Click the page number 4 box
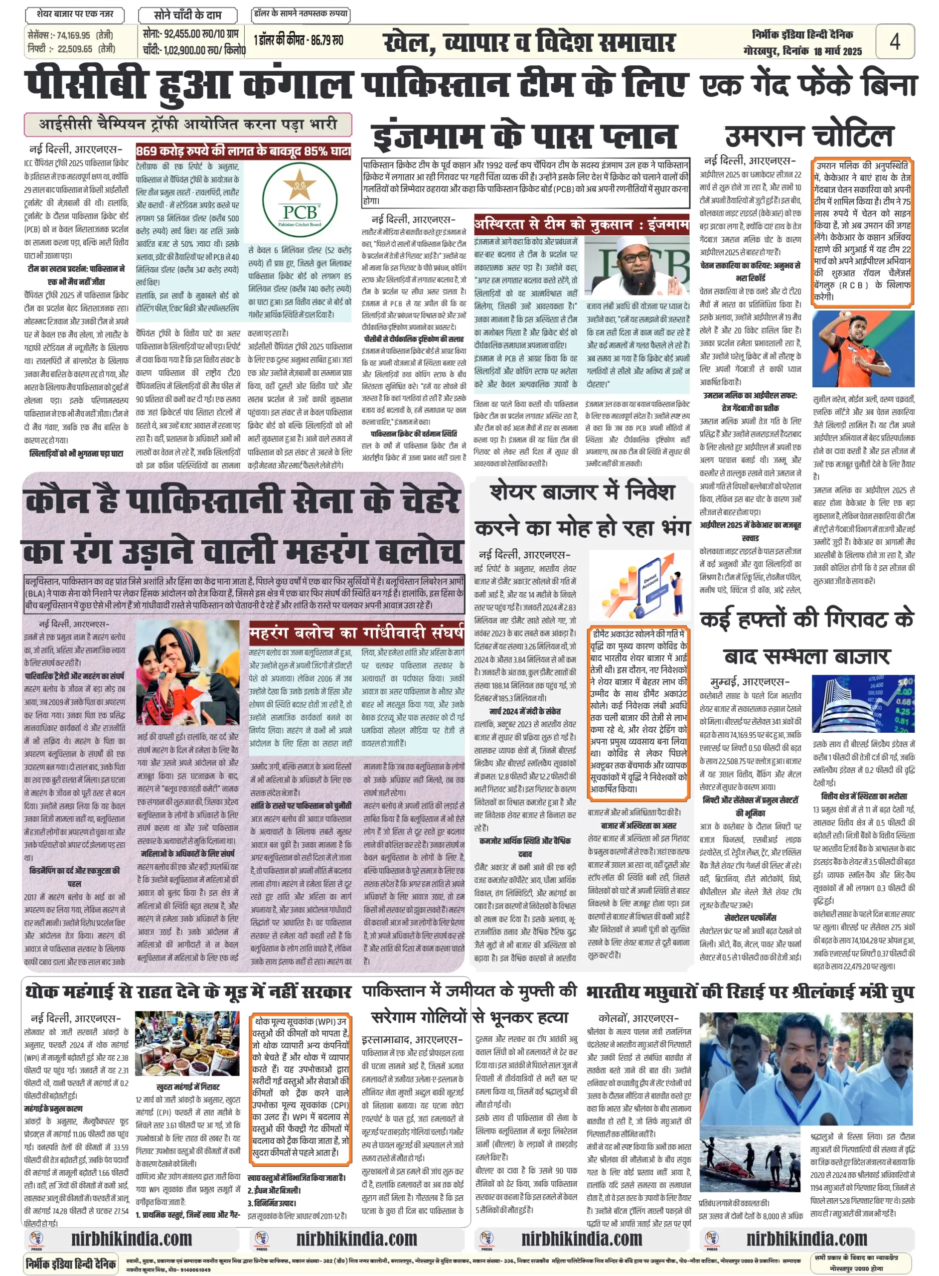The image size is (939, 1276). click(895, 41)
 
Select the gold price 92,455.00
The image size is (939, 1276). click(179, 35)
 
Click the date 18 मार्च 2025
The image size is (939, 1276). click(837, 52)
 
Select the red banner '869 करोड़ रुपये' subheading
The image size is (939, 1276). click(243, 151)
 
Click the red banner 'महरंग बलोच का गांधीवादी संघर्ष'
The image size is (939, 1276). click(356, 633)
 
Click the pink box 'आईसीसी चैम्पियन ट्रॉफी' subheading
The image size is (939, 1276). click(187, 125)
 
